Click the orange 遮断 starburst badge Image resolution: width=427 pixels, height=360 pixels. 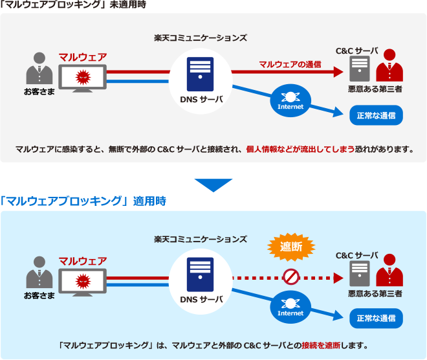tap(291, 246)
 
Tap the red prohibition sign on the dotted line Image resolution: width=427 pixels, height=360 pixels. tap(290, 278)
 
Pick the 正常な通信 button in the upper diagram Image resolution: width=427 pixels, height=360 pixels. tap(376, 116)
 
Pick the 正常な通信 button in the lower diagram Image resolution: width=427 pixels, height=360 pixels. tap(376, 318)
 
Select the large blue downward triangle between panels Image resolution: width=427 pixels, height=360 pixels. tap(213, 185)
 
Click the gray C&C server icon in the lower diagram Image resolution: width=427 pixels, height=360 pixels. tap(359, 275)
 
